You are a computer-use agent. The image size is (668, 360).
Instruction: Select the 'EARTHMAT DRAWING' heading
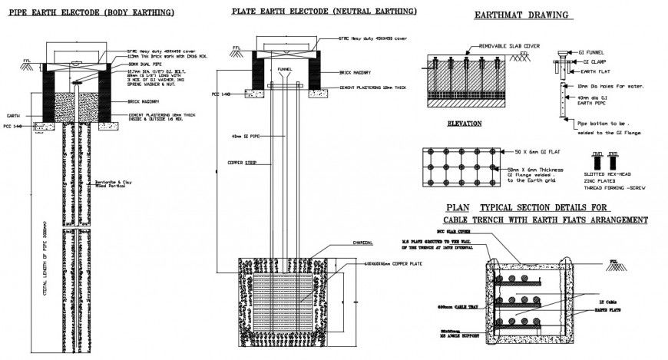[521, 15]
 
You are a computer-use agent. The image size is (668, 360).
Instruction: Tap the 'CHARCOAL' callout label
[363, 243]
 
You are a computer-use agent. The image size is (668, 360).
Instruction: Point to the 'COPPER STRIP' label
[242, 162]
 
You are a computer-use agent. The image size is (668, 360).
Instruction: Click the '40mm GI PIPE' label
[244, 137]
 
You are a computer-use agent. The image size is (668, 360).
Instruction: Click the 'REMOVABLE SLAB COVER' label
[509, 46]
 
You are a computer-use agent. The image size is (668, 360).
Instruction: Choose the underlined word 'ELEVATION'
[464, 123]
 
